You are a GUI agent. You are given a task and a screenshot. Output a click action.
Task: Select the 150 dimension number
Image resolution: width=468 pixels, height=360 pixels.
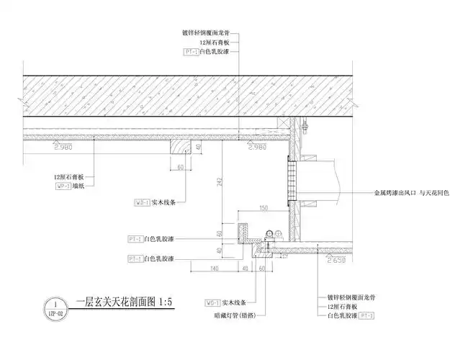tap(264, 208)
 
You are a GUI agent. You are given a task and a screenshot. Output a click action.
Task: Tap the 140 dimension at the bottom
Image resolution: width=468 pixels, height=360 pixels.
tap(214, 269)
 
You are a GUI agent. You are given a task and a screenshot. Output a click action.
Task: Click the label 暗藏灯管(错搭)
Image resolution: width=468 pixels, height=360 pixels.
tap(235, 315)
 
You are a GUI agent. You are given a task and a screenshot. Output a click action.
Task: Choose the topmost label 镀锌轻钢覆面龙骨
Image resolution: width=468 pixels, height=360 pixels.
tap(211, 32)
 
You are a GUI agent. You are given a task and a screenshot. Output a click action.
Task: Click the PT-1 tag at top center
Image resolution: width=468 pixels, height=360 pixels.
tap(191, 53)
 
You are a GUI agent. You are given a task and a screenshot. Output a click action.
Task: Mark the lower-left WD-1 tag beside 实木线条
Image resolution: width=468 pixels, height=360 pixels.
tap(213, 302)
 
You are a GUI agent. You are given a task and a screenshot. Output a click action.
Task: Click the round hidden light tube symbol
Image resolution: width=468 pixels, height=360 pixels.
tap(271, 233)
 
